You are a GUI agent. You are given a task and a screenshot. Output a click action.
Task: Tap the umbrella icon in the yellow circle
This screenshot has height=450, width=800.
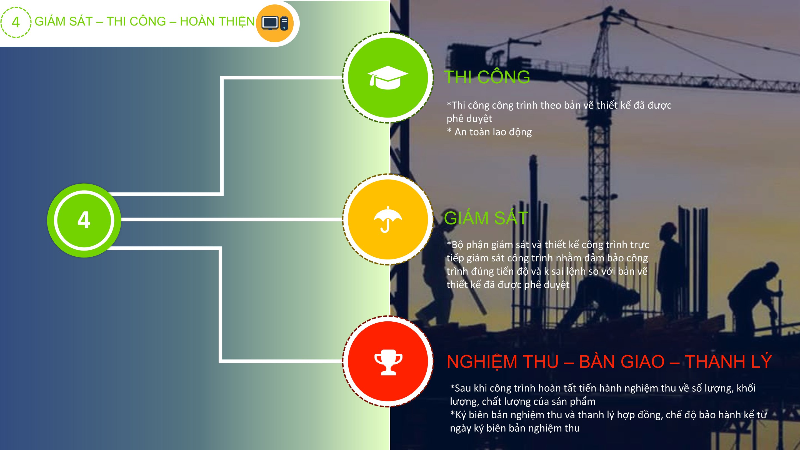pyautogui.click(x=387, y=219)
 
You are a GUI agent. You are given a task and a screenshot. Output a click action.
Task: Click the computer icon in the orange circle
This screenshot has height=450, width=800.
pyautogui.click(x=275, y=23)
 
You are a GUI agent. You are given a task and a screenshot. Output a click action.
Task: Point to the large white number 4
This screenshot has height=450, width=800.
pyautogui.click(x=84, y=220)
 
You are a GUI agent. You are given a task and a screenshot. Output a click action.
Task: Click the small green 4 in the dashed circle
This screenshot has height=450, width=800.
pyautogui.click(x=16, y=22)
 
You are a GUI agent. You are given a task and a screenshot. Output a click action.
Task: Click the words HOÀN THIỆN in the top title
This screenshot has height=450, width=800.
pyautogui.click(x=217, y=21)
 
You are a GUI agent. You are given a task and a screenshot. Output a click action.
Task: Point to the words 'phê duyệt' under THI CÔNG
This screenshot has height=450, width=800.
pyautogui.click(x=469, y=119)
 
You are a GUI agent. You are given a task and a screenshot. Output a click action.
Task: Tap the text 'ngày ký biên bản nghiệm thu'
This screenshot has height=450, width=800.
pyautogui.click(x=515, y=428)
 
